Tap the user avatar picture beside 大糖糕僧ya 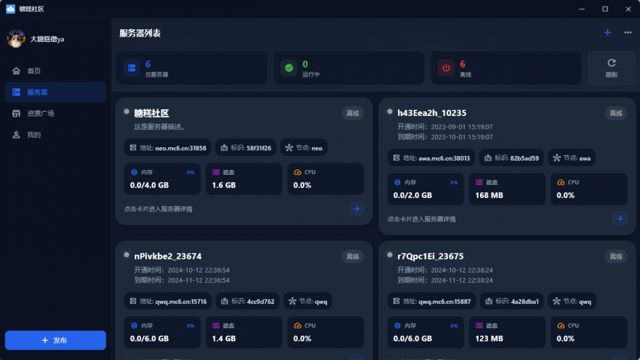click(x=16, y=39)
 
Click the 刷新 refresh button click(x=611, y=68)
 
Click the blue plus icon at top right click(x=607, y=33)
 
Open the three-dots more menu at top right click(x=628, y=33)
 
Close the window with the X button click(x=628, y=9)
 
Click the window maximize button click(x=605, y=9)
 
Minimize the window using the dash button click(x=581, y=9)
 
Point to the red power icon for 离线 click(x=446, y=68)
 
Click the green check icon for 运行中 click(x=289, y=68)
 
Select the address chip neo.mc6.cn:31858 click(x=168, y=148)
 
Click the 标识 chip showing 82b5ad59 click(x=511, y=158)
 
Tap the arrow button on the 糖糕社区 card click(x=356, y=209)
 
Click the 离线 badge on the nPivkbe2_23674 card click(x=353, y=256)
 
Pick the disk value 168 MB click(x=489, y=195)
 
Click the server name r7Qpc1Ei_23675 click(x=430, y=256)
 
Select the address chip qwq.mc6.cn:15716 click(x=168, y=301)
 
